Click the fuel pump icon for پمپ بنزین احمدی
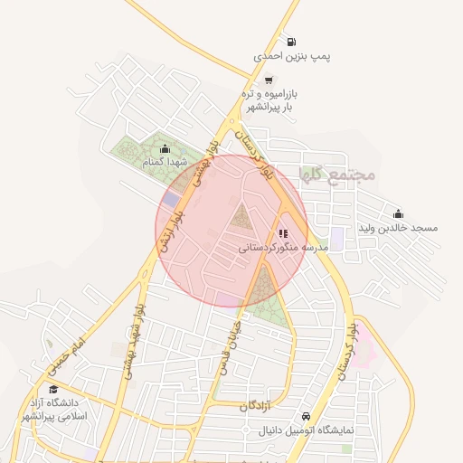(x=290, y=42)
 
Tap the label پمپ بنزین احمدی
(x=292, y=56)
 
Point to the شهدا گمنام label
(x=164, y=162)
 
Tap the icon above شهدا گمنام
(x=164, y=149)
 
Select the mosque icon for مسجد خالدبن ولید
(x=399, y=214)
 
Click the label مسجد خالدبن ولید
(x=399, y=228)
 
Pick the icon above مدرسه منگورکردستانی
(x=283, y=233)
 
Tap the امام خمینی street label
(x=67, y=349)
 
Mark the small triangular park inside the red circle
(x=241, y=217)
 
